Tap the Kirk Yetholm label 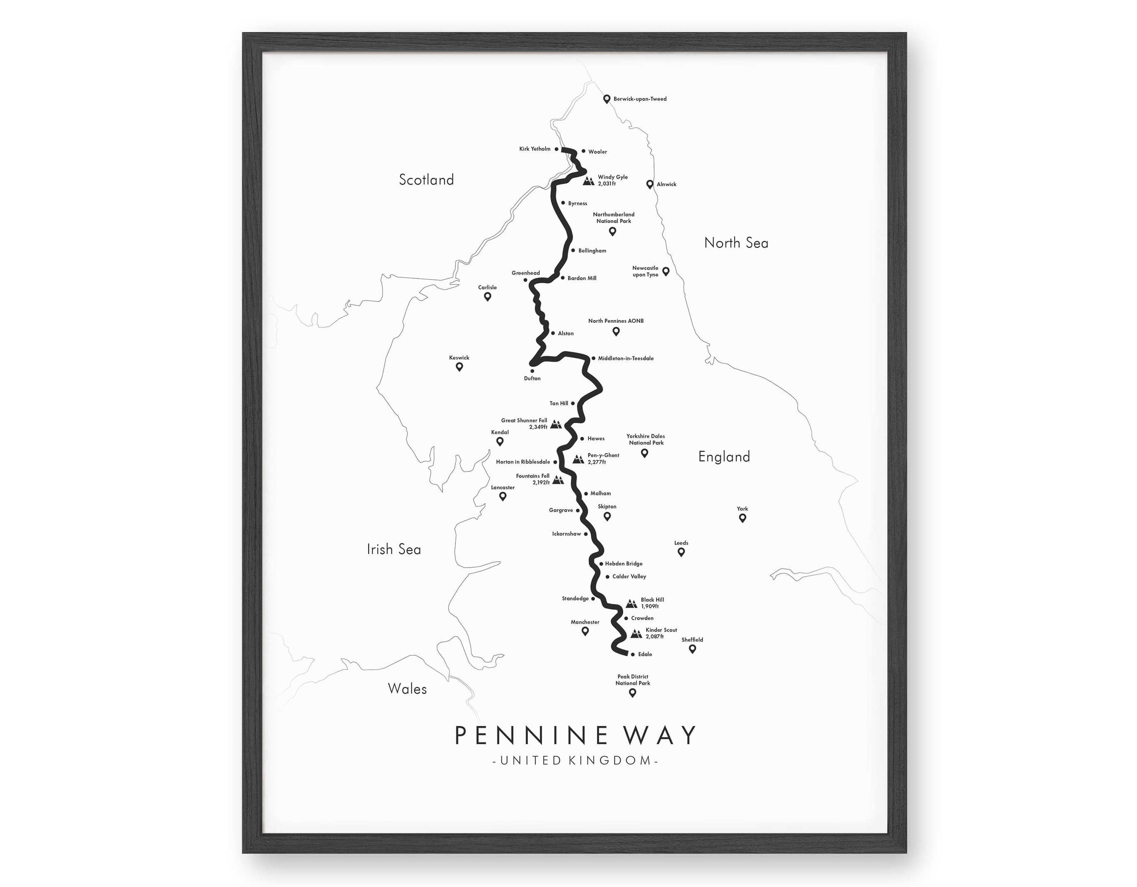coord(535,149)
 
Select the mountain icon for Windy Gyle coord(589,181)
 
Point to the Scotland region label coord(426,180)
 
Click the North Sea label coord(736,243)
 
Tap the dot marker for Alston coord(553,333)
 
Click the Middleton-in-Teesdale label coord(626,359)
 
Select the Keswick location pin coord(459,367)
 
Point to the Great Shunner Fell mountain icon coord(556,424)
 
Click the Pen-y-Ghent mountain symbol coord(578,459)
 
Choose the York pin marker coord(742,518)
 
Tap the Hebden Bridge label coord(624,563)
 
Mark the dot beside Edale coord(632,654)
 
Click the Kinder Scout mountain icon coord(636,633)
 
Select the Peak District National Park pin coord(632,693)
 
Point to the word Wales coord(407,689)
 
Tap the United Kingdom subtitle coord(575,760)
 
